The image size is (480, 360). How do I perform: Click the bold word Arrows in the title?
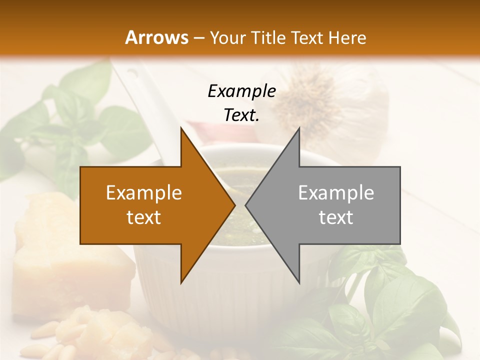coord(157,37)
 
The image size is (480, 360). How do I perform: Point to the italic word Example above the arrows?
coord(241,91)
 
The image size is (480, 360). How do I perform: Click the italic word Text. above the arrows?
coord(241,115)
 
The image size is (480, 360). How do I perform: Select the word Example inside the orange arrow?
coord(144,193)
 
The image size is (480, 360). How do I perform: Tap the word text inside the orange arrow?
coord(144,217)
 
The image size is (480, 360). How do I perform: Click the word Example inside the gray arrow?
coord(336,193)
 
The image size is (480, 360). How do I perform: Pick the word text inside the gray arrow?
coord(336,217)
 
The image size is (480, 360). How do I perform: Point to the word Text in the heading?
coord(308,37)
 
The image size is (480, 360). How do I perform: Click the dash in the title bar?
coord(199,38)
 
